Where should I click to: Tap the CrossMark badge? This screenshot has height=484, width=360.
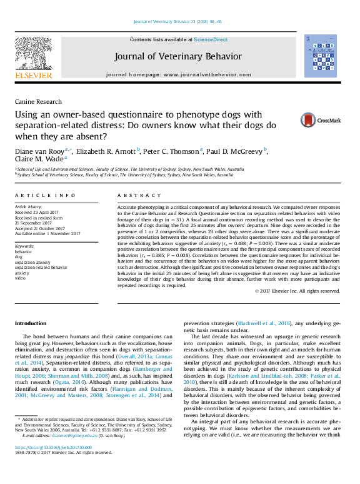coord(319,120)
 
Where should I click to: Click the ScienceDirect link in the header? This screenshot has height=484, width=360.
coord(211,39)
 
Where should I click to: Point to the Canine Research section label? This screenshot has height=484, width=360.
coord(38,101)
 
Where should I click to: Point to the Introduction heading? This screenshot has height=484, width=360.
coord(31,324)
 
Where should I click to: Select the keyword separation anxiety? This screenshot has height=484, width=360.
coord(32,262)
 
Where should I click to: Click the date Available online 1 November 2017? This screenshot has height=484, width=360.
coord(47,233)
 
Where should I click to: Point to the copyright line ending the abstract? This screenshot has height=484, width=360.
coord(297,291)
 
